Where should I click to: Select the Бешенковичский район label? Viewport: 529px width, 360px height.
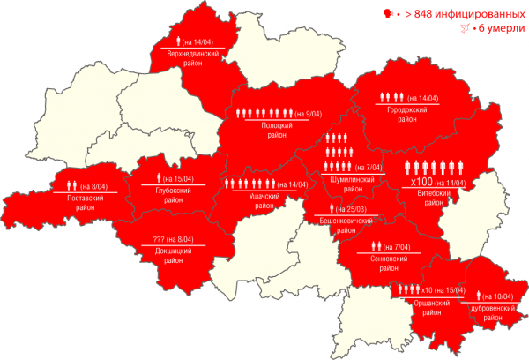point(345,219)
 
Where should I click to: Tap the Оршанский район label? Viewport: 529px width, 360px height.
point(429,306)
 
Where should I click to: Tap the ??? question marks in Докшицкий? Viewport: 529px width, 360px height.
point(160,239)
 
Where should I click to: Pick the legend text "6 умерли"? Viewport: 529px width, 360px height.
point(496,30)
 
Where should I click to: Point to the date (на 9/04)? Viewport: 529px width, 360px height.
point(309,114)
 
